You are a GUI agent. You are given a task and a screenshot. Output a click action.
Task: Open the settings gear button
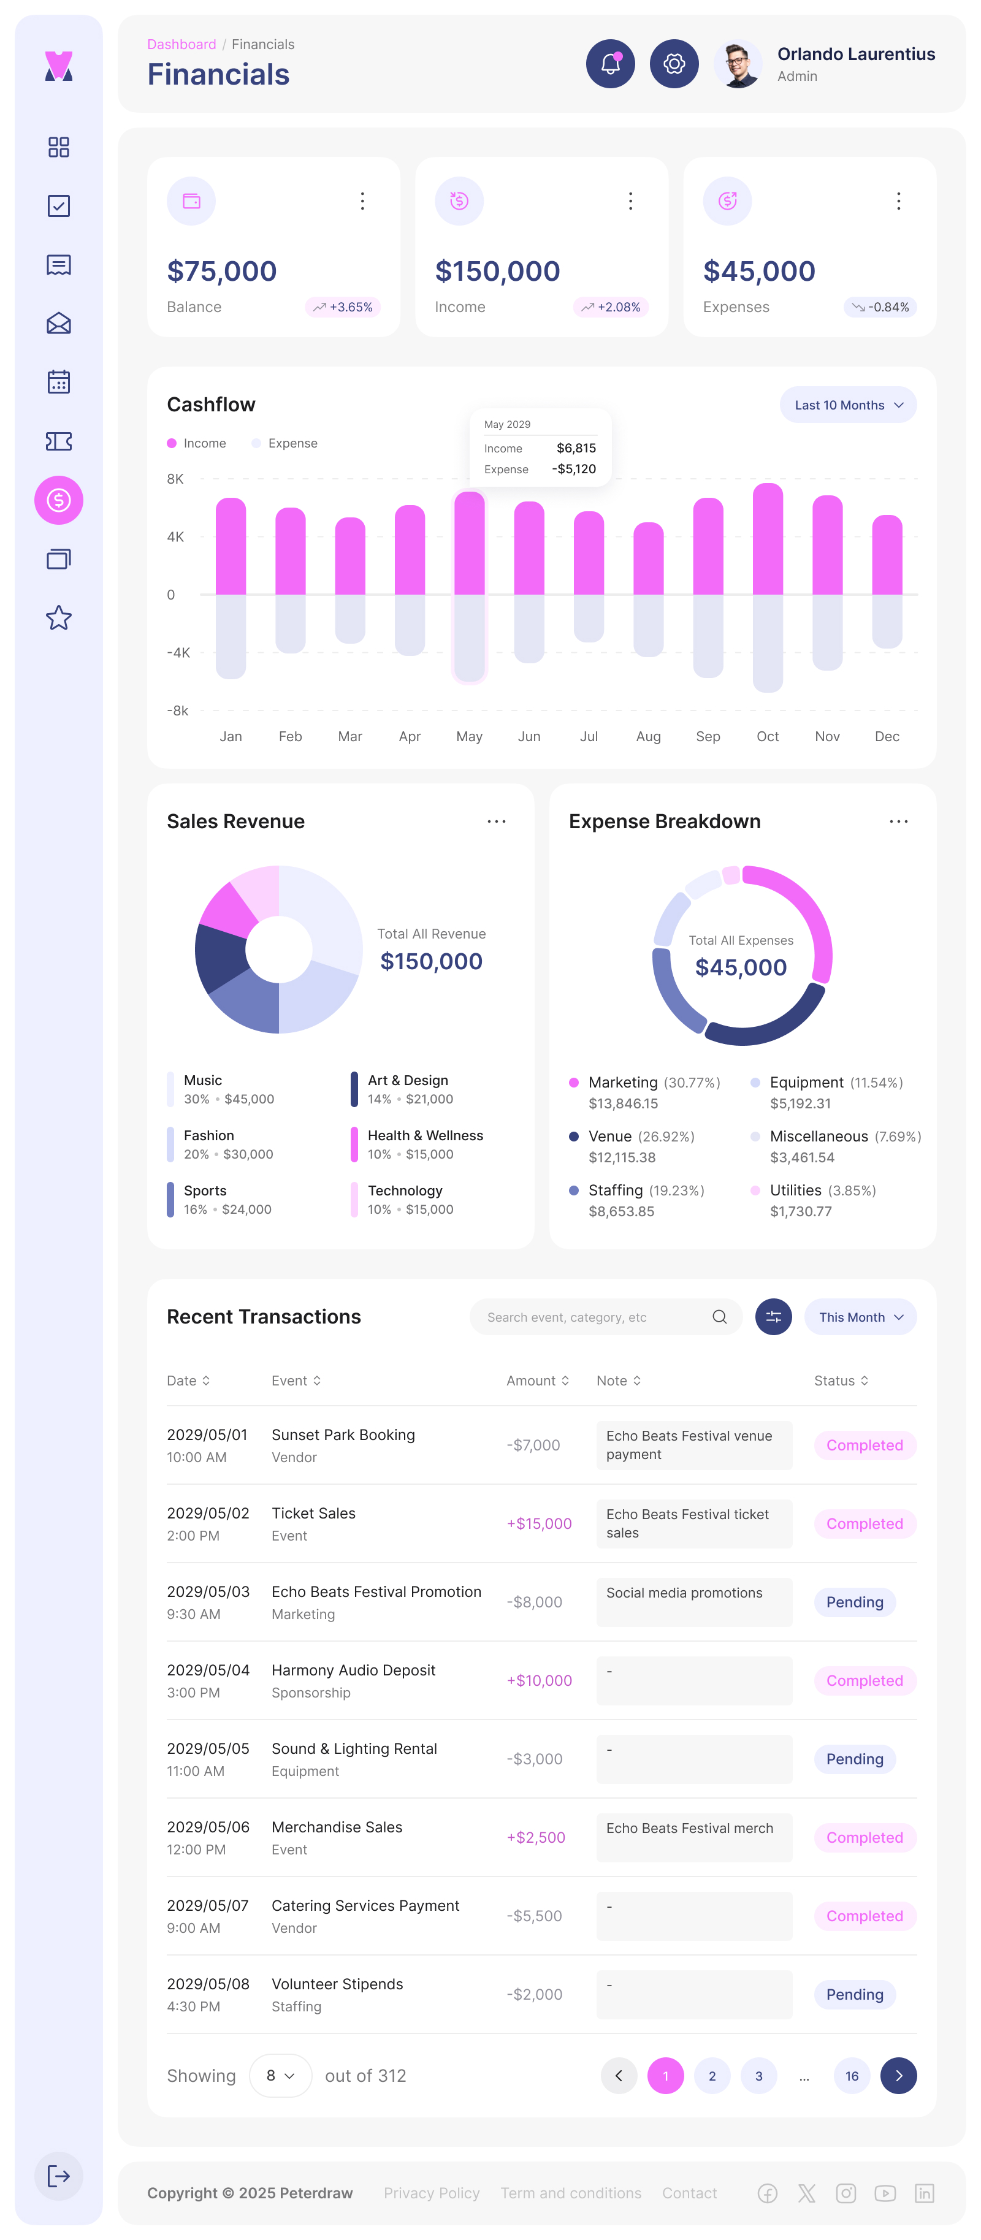tap(674, 64)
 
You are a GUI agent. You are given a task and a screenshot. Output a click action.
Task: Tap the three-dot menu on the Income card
tap(630, 201)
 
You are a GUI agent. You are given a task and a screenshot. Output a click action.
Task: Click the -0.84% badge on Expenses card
tap(880, 307)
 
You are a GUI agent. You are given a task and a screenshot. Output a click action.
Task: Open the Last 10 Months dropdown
tap(848, 405)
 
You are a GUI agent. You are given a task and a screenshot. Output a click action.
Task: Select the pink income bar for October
tap(767, 539)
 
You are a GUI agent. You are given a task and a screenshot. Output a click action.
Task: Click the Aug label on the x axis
tap(648, 736)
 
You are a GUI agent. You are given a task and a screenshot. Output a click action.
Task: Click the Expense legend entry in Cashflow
tap(286, 443)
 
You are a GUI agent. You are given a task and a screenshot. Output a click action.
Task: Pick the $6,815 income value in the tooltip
tap(576, 448)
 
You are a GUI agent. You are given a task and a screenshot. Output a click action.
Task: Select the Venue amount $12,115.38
tap(622, 1157)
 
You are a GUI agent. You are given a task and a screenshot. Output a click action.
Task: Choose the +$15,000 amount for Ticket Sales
tap(539, 1523)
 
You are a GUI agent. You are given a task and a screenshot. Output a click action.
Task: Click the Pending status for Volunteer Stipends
tap(854, 1995)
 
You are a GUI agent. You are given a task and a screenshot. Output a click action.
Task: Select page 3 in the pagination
tap(758, 2076)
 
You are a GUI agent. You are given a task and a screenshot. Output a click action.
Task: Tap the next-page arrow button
tap(898, 2076)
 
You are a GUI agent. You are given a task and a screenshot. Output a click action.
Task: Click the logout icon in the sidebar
tap(58, 2176)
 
